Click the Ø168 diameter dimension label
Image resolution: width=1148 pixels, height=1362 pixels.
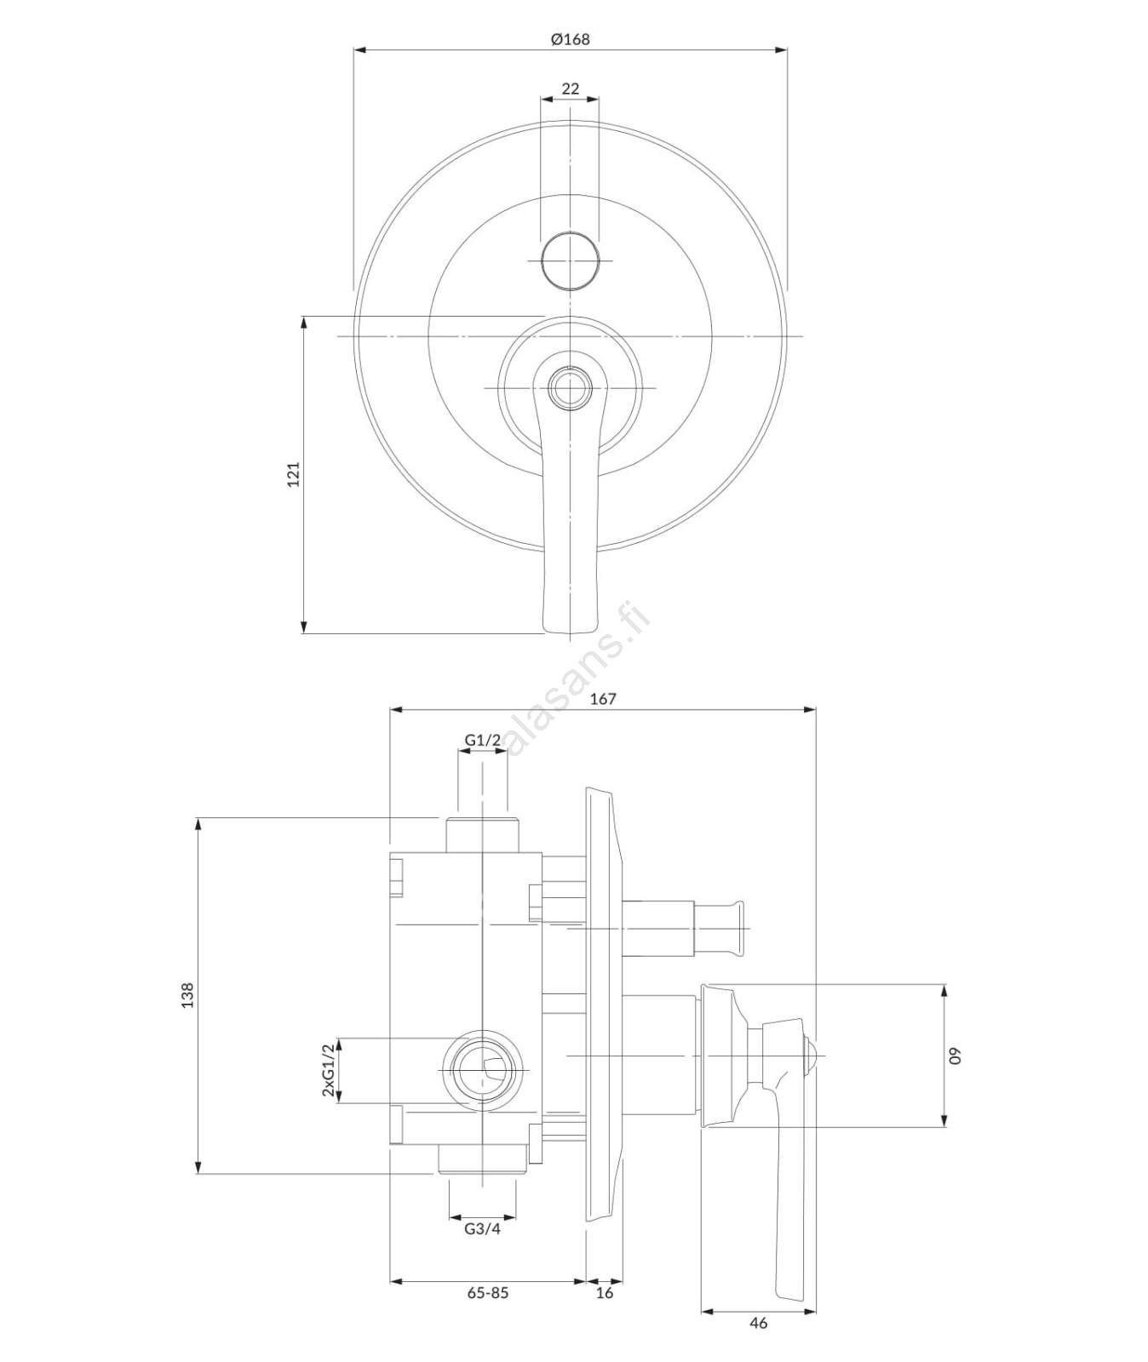(x=570, y=39)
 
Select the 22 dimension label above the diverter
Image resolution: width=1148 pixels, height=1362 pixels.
(x=570, y=89)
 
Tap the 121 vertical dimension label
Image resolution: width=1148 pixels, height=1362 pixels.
(x=293, y=474)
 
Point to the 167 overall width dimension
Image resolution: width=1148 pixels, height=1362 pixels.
(x=602, y=699)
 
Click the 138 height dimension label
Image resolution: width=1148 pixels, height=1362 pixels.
(x=187, y=995)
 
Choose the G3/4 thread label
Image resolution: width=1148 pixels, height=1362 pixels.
(x=482, y=1228)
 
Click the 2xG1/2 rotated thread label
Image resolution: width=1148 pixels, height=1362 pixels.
(x=328, y=1070)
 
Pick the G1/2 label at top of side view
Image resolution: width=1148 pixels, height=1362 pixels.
(x=482, y=741)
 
